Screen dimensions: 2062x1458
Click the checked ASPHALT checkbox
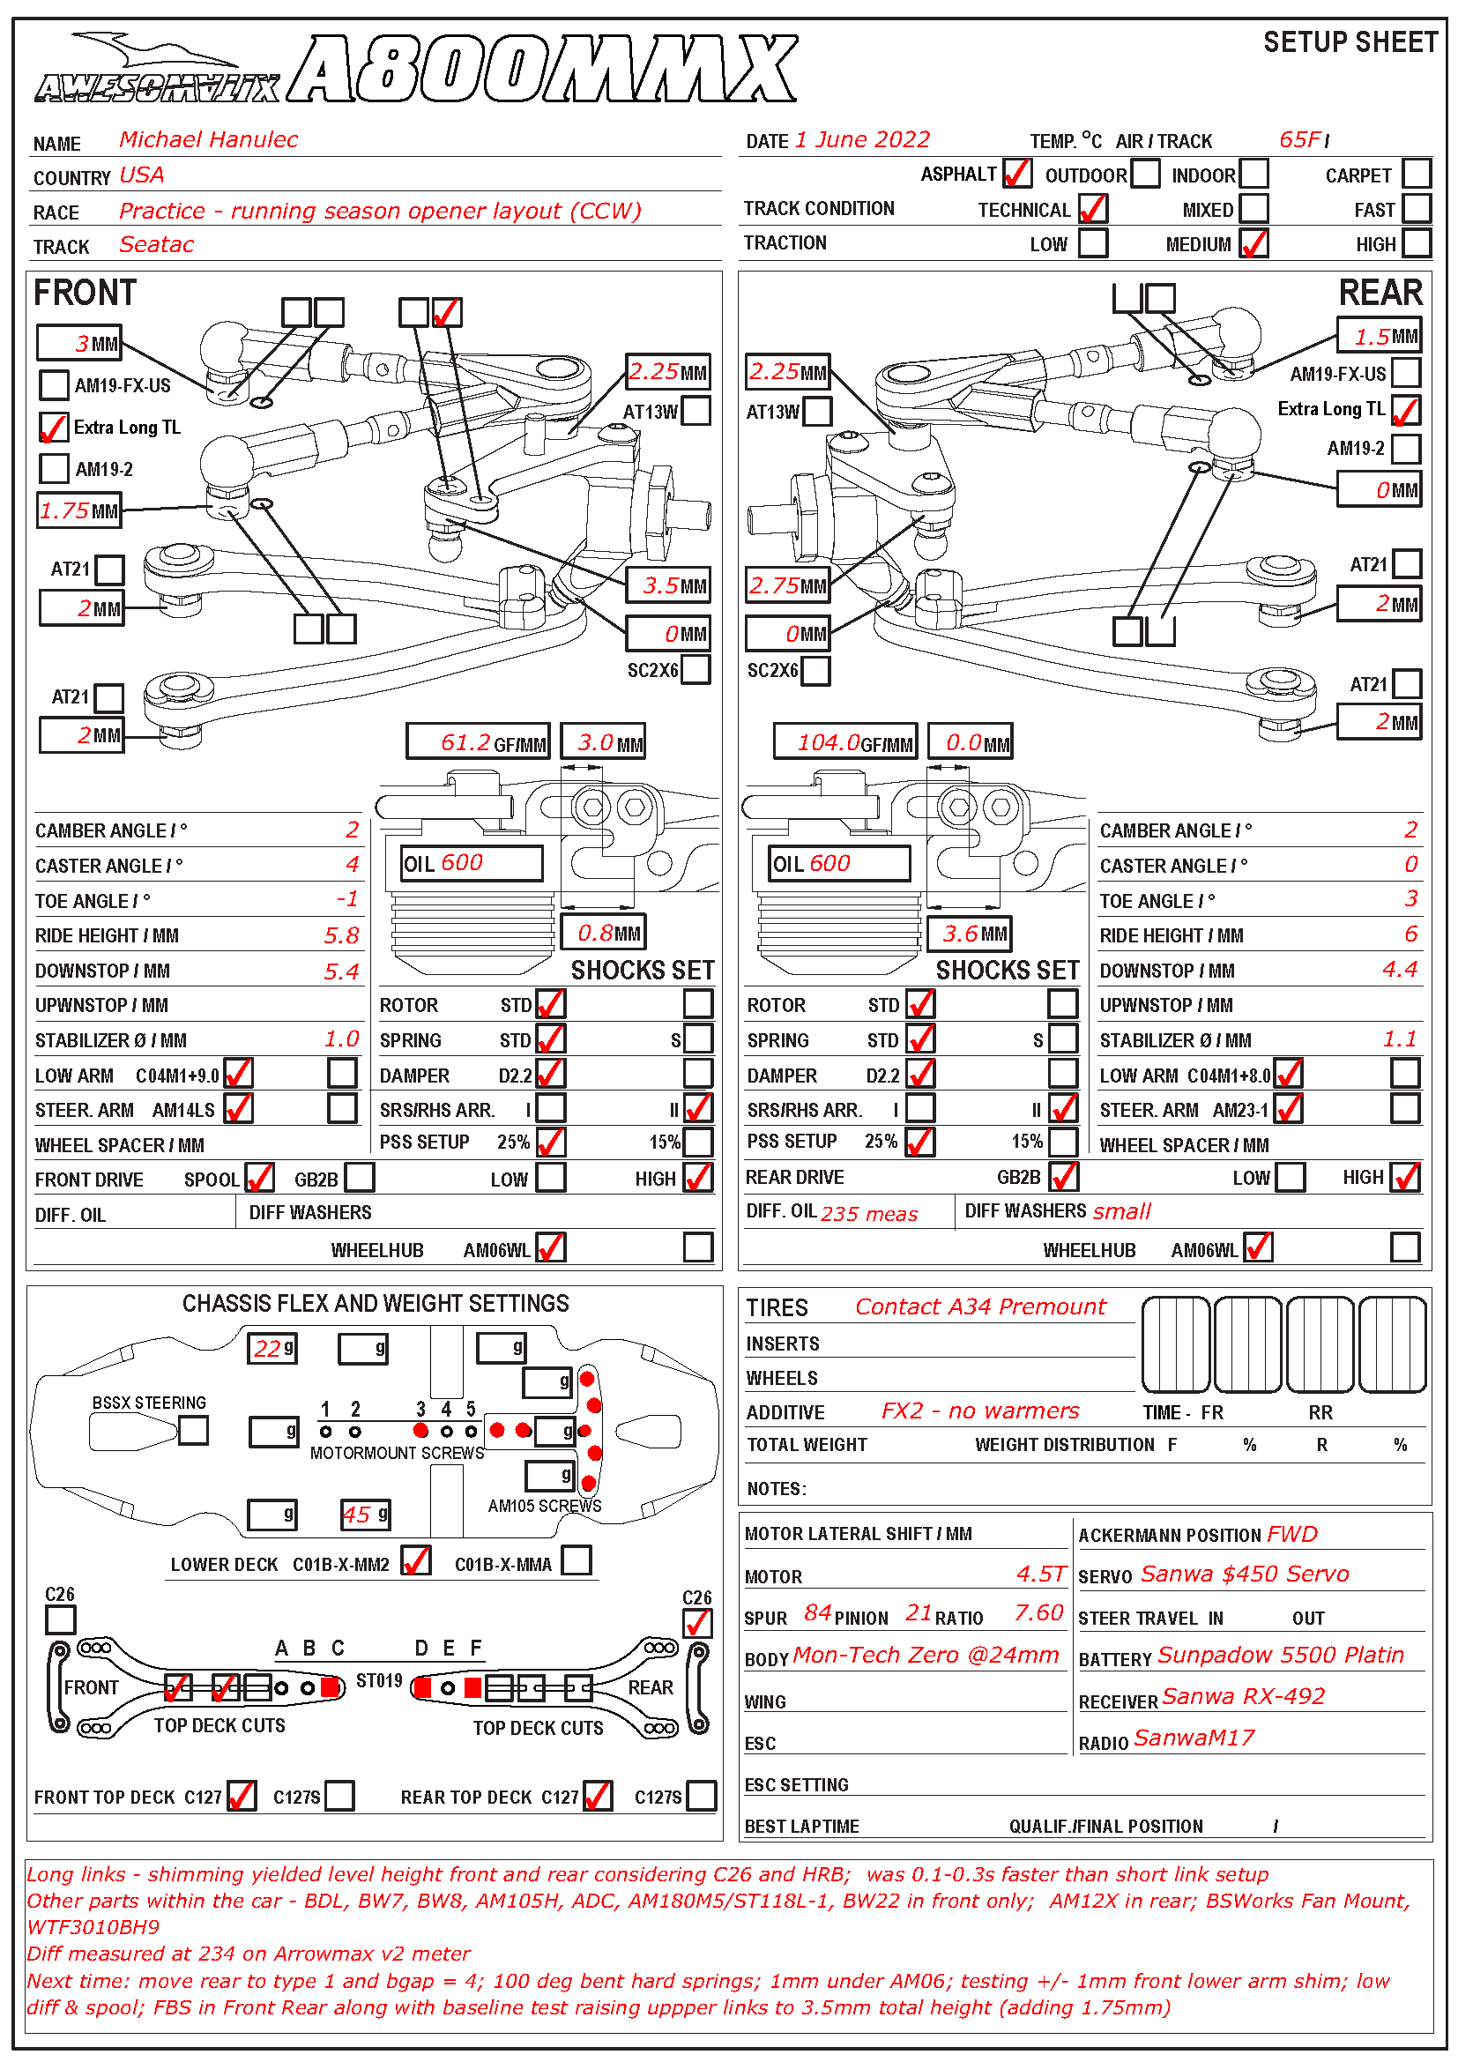pos(1016,174)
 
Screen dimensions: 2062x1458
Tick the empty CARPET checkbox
pos(1416,174)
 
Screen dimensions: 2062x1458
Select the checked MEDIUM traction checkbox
pos(1253,243)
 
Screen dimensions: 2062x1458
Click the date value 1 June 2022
pos(862,140)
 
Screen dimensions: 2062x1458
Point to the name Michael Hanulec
pos(208,139)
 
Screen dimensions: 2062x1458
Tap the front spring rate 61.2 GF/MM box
pos(478,741)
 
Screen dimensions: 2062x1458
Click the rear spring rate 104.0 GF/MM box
pos(844,741)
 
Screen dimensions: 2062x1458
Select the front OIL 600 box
pos(472,863)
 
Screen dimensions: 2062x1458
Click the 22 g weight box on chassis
pos(272,1348)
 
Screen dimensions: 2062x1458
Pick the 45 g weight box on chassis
pos(365,1515)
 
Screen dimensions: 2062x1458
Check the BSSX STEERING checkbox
pos(193,1430)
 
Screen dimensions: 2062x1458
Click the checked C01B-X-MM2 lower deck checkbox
pos(416,1561)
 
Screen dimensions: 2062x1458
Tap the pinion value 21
pos(918,1613)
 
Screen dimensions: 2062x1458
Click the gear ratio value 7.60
pos(1038,1613)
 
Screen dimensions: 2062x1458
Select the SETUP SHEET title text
pos(1350,42)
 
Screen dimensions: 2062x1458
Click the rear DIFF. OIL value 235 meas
pos(869,1214)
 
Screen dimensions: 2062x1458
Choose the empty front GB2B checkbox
pos(359,1178)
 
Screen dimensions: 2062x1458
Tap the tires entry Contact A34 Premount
pos(979,1306)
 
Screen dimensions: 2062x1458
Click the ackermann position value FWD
pos(1292,1534)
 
